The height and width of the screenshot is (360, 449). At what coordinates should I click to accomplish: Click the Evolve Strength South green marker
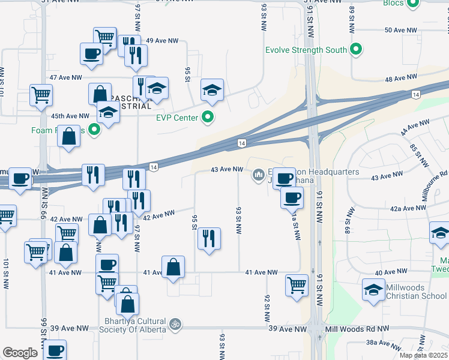(x=356, y=50)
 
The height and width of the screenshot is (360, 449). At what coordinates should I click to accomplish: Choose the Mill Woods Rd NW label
(x=357, y=329)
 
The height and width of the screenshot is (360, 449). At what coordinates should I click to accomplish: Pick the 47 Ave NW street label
(x=65, y=78)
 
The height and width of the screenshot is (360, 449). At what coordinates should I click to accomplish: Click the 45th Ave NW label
(x=70, y=116)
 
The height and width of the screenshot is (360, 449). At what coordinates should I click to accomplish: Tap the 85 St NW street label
(x=414, y=153)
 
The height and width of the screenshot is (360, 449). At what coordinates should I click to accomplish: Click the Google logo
(x=20, y=353)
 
